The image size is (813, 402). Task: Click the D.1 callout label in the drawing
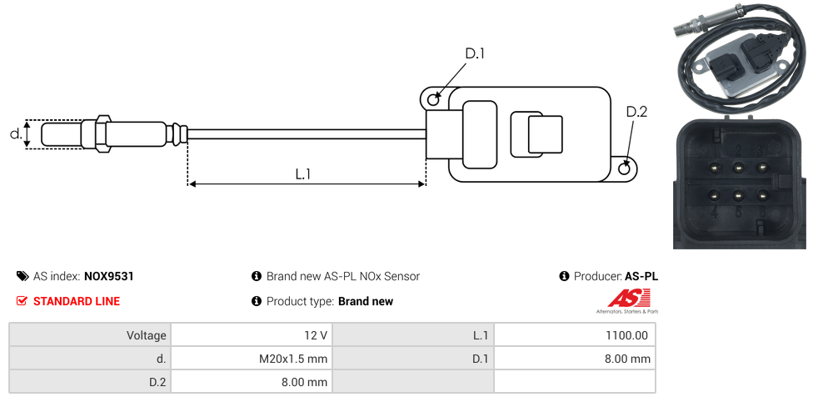click(x=475, y=54)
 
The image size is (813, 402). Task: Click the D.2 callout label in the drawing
click(x=636, y=112)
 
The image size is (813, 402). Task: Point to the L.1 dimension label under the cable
click(x=303, y=174)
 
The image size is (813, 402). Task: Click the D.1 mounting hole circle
click(x=433, y=100)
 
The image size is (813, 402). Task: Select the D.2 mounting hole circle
click(x=626, y=169)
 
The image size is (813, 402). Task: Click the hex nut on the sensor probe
click(x=103, y=133)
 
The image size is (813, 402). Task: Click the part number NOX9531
click(x=109, y=276)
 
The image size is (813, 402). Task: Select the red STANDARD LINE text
click(x=76, y=301)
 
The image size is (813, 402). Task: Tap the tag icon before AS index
click(x=22, y=276)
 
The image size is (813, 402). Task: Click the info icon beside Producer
click(x=565, y=276)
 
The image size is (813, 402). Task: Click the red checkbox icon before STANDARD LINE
click(x=22, y=301)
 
